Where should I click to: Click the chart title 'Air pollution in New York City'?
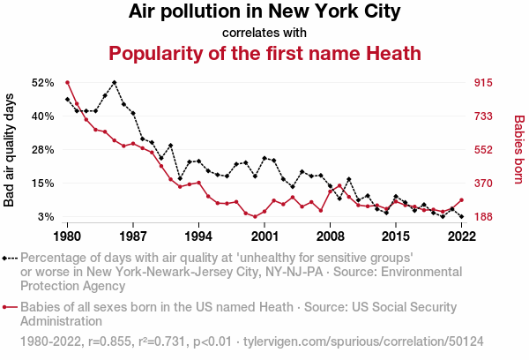pyautogui.click(x=264, y=12)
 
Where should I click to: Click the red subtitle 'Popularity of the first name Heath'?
pyautogui.click(x=264, y=53)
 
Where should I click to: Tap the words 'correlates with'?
pyautogui.click(x=264, y=33)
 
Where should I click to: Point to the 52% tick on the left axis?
pyautogui.click(x=42, y=83)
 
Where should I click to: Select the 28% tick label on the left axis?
pyautogui.click(x=42, y=150)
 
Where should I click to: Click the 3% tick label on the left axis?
pyautogui.click(x=46, y=217)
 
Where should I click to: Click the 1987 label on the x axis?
pyautogui.click(x=133, y=236)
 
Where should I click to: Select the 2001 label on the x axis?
pyautogui.click(x=264, y=236)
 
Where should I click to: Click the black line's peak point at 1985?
pyautogui.click(x=115, y=82)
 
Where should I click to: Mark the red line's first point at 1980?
pyautogui.click(x=68, y=83)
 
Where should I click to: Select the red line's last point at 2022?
pyautogui.click(x=461, y=200)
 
